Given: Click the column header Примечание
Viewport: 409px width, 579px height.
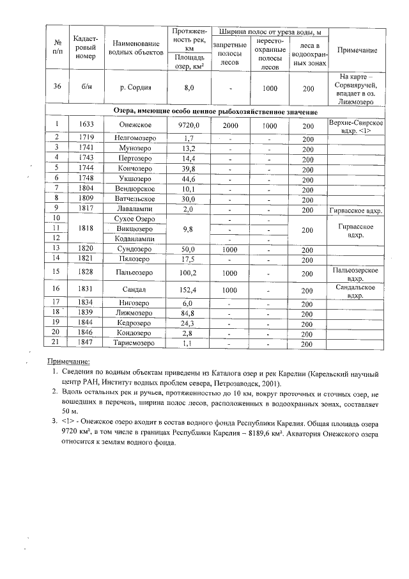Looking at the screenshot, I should [356, 51].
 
